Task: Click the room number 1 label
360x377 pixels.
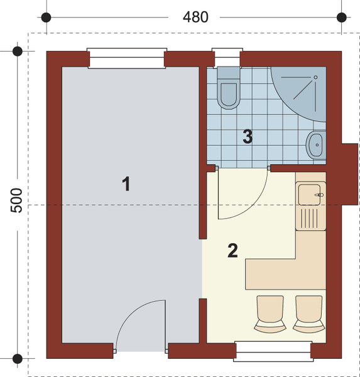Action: (126, 183)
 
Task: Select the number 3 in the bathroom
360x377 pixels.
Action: (248, 136)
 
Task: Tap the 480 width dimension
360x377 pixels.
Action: (195, 16)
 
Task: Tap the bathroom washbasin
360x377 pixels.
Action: (315, 145)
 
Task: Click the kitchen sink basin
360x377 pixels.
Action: (311, 194)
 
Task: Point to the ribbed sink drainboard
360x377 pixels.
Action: (310, 219)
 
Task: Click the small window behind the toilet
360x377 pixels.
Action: (223, 58)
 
